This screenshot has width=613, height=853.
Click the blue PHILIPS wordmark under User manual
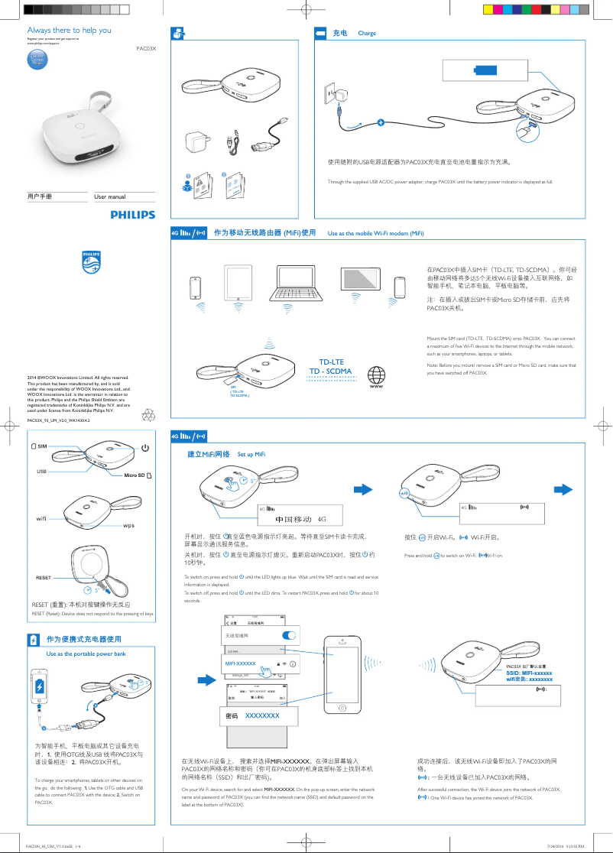click(x=132, y=216)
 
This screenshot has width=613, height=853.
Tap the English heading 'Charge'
click(x=367, y=34)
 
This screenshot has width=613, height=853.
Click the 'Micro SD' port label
click(x=138, y=475)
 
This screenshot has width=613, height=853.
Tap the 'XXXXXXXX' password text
click(x=261, y=715)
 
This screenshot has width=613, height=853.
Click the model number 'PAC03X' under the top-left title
click(x=145, y=48)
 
